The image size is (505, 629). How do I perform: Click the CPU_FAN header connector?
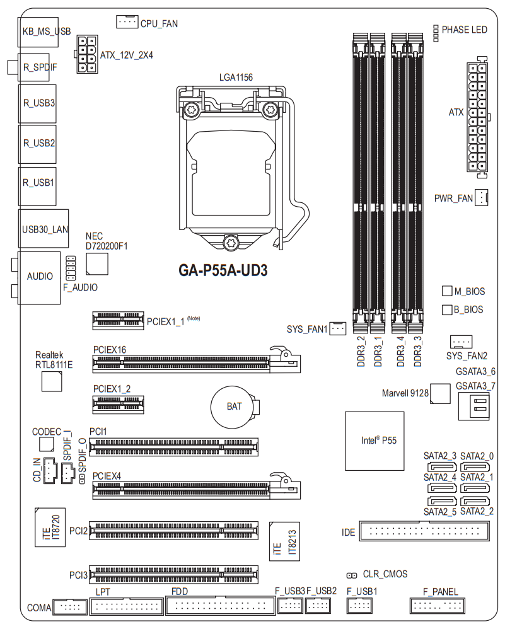click(127, 21)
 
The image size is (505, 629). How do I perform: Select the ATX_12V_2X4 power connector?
click(87, 54)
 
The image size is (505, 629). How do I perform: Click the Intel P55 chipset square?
click(374, 441)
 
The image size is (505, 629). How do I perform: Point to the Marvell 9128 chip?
click(440, 393)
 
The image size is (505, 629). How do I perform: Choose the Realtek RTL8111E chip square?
click(52, 381)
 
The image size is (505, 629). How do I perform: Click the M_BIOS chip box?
click(447, 291)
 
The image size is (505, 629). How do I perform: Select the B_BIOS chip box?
click(447, 309)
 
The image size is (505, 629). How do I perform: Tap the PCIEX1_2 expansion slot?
click(118, 405)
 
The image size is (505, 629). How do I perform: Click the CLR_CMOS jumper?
click(352, 575)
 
